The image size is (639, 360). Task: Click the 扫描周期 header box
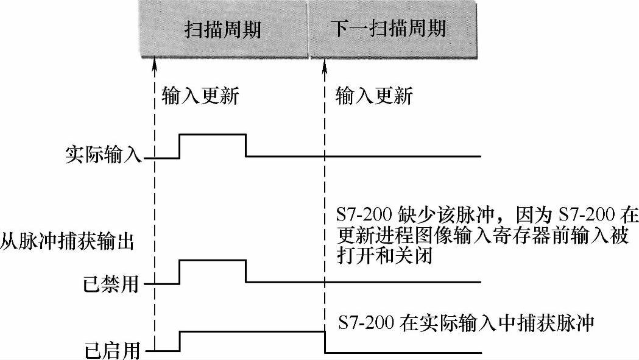223,29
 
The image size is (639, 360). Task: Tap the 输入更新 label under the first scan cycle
200,96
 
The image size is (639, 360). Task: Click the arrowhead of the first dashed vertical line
155,61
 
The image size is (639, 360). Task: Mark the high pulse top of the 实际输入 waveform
213,134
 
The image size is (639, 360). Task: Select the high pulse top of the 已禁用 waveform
213,260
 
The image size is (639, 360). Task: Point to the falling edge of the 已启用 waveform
324,342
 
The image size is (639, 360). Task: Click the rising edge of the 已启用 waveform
180,341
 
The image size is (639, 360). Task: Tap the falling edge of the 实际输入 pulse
246,145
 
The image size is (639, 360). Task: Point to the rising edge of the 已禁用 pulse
180,272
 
